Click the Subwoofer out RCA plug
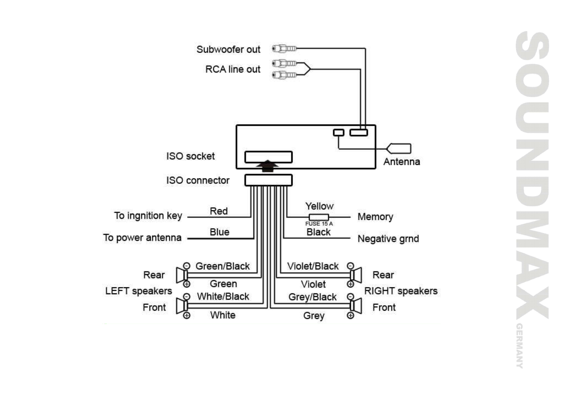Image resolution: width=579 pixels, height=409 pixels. click(x=284, y=48)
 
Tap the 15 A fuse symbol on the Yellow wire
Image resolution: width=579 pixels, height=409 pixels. click(x=319, y=217)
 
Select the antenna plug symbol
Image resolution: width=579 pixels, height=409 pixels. click(x=399, y=148)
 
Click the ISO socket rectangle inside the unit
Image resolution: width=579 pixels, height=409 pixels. click(x=269, y=157)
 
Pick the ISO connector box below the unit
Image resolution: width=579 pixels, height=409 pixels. click(x=269, y=180)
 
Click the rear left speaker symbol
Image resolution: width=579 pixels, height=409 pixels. click(x=181, y=275)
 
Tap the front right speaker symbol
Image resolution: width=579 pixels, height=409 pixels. click(x=356, y=306)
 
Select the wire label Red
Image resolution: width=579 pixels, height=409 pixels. click(x=219, y=211)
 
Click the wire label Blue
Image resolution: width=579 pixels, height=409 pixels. click(x=219, y=232)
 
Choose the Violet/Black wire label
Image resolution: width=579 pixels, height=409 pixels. click(x=313, y=266)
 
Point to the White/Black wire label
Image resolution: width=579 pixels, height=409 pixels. click(x=223, y=296)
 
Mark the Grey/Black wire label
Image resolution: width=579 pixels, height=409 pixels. click(x=312, y=297)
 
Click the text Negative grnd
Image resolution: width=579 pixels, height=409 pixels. click(x=388, y=239)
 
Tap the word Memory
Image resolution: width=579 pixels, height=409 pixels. click(x=375, y=217)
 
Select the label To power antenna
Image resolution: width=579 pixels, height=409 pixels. click(x=142, y=237)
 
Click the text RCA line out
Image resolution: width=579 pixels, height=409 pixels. click(x=233, y=69)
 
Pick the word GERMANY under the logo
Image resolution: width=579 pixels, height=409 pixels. click(x=519, y=345)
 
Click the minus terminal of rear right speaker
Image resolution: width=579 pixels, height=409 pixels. click(x=350, y=266)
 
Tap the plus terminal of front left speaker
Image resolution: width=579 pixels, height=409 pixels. click(x=187, y=315)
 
